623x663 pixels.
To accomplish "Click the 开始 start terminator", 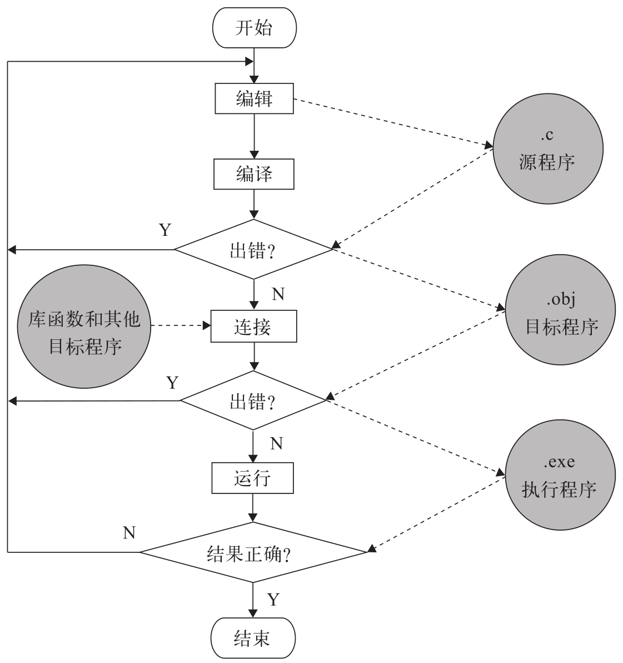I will pos(253,28).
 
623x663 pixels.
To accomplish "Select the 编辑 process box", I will pos(254,99).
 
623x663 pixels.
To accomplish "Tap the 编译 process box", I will pos(254,174).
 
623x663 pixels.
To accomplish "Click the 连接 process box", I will pos(253,326).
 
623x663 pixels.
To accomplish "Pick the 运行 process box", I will pos(253,478).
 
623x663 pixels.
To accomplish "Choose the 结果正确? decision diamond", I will pos(253,552).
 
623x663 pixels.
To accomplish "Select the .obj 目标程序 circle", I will pos(560,314).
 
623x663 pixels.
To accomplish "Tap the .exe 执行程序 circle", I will pos(560,476).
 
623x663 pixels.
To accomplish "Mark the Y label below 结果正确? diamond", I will pos(273,600).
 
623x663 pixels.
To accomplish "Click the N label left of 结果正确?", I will pos(129,532).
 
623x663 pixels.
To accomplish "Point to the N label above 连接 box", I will pos(278,294).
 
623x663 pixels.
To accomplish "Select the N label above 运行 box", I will pos(276,443).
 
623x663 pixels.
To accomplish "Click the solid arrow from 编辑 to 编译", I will pos(254,137).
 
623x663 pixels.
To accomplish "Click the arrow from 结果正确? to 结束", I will pos(253,600).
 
